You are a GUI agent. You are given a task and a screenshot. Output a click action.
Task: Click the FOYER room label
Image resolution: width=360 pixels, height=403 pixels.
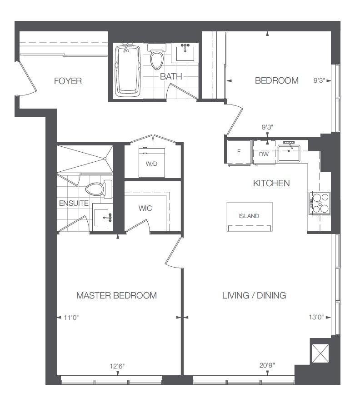point(68,81)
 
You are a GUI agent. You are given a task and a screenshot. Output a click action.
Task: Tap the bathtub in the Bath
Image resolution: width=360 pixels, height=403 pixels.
point(128,70)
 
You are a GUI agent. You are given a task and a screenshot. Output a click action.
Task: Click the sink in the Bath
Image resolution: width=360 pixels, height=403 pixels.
point(185,53)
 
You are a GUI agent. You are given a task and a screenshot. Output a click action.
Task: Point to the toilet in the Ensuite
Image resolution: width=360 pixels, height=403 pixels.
point(99,189)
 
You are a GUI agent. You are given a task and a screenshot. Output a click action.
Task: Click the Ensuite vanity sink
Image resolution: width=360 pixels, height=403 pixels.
point(102,217)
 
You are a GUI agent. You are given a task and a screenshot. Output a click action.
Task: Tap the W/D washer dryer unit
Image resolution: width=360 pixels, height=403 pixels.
point(152,163)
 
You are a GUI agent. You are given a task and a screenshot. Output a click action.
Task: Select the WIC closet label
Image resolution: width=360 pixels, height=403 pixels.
point(145,208)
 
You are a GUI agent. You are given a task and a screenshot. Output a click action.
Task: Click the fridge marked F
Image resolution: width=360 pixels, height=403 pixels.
point(239,152)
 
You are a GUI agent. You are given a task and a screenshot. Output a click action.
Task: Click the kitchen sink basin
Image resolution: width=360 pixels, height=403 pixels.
point(289,153)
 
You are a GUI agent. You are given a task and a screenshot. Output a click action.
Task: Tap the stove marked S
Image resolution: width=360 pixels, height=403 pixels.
point(320,203)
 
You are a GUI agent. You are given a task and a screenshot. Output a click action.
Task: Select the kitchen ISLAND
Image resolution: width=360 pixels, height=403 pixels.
point(250,216)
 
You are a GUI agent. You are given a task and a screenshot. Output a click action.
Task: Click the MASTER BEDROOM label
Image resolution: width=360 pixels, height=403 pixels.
point(116,296)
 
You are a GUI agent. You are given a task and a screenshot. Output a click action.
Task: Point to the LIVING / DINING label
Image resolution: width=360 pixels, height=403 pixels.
point(254,296)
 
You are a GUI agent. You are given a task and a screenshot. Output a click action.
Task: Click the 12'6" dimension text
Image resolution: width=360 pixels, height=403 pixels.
point(117,366)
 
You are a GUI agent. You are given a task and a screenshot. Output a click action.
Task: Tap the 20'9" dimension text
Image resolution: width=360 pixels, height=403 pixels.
point(267,365)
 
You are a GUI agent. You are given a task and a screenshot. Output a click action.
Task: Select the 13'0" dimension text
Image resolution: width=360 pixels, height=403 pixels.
point(316,317)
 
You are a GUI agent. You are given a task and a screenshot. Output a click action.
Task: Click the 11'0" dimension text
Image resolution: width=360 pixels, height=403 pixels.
point(71,318)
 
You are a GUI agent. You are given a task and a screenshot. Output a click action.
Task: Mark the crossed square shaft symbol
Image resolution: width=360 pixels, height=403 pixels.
point(320,353)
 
